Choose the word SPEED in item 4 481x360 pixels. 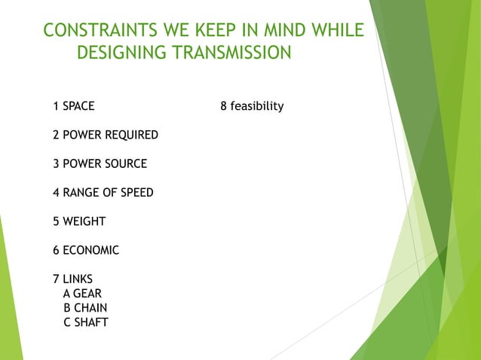click(x=135, y=193)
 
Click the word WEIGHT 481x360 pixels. click(x=84, y=221)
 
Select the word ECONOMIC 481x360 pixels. click(x=90, y=250)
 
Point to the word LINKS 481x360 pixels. click(x=77, y=279)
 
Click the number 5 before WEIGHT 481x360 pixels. click(x=57, y=221)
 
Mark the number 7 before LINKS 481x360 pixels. click(x=57, y=279)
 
